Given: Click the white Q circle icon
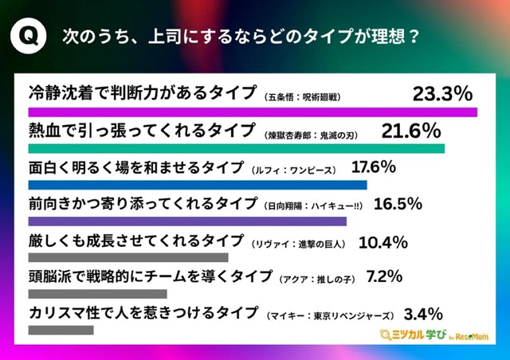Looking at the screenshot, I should (29, 37).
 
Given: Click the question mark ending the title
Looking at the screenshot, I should (413, 37).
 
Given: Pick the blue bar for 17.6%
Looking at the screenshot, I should (198, 185).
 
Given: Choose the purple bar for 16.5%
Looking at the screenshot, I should (187, 221).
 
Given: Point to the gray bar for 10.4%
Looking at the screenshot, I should (128, 257).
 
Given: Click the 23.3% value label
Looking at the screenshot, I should (443, 94).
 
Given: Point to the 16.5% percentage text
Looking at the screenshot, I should (395, 204).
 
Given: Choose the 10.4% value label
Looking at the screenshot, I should (383, 241).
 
